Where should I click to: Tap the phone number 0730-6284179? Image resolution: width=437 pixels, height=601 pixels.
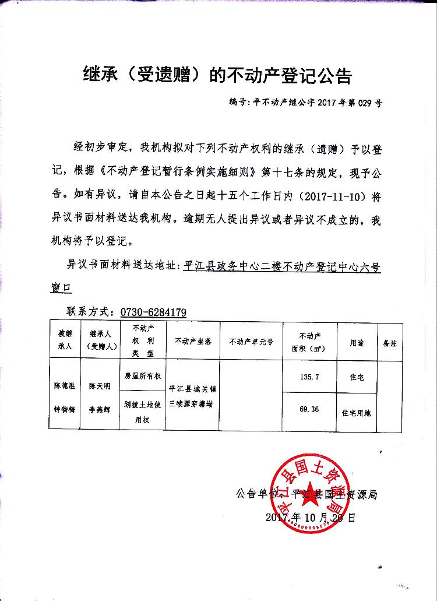[x=153, y=312]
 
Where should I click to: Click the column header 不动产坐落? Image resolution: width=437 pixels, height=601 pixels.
[x=189, y=342]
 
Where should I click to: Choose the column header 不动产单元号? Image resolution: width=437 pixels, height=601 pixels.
[x=251, y=342]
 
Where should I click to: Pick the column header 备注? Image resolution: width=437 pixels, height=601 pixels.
[x=389, y=343]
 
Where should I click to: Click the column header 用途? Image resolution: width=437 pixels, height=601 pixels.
[x=357, y=343]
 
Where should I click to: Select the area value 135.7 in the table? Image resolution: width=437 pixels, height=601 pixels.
[x=309, y=377]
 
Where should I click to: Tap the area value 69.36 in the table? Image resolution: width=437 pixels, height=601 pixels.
[x=309, y=409]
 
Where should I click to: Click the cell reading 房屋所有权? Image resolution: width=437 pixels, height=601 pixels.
[x=143, y=376]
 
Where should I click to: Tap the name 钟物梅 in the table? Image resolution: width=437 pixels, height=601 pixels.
[x=65, y=409]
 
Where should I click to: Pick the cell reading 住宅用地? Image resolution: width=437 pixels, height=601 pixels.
[x=357, y=412]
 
